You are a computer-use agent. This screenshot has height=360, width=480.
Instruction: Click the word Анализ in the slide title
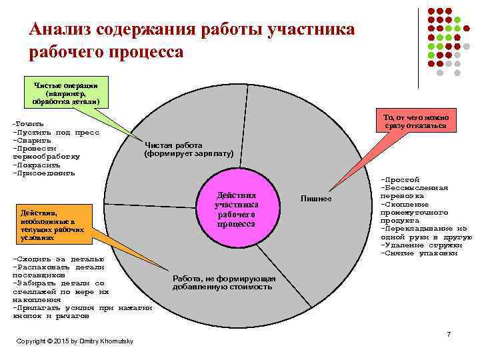pyautogui.click(x=61, y=30)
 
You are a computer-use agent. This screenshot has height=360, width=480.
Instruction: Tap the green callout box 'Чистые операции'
pyautogui.click(x=65, y=93)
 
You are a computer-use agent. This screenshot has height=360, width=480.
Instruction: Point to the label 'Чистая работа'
pyautogui.click(x=173, y=145)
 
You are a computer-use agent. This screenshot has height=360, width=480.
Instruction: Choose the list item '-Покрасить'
pyautogui.click(x=37, y=165)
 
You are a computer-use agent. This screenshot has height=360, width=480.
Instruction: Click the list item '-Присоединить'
pyautogui.click(x=44, y=173)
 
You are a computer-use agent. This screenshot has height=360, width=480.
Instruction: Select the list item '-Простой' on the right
pyautogui.click(x=399, y=179)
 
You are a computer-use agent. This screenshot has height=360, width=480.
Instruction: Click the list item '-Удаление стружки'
pyautogui.click(x=421, y=245)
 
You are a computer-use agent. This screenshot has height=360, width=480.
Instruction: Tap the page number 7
pyautogui.click(x=449, y=334)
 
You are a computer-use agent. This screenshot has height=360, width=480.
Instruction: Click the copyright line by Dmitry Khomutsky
pyautogui.click(x=75, y=341)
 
